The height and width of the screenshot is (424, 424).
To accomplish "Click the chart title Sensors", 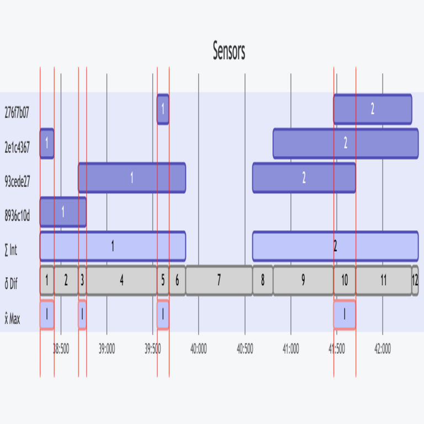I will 229,51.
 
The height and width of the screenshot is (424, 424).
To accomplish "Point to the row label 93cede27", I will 17,178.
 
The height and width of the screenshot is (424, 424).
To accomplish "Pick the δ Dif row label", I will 12,281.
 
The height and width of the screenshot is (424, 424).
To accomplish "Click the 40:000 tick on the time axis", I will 198,349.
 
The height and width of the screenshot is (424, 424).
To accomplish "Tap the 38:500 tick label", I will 61,349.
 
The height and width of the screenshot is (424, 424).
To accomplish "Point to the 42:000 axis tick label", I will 382,349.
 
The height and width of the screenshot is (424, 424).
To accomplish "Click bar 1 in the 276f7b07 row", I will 163,109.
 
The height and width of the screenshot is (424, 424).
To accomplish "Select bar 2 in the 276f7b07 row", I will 373,109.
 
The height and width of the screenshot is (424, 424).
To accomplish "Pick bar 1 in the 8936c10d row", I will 63,212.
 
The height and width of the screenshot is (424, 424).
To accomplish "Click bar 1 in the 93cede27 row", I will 131,178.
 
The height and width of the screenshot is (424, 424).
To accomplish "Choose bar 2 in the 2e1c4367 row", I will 346,144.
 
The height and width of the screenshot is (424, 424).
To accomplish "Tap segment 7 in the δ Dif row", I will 219,280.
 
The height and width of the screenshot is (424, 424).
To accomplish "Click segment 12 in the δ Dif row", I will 415,280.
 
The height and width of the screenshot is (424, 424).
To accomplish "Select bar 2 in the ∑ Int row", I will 335,246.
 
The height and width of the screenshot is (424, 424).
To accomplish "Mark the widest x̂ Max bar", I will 344,315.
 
